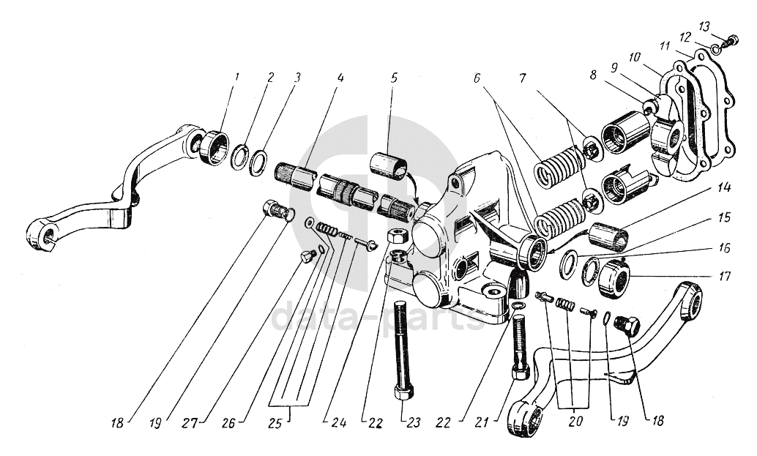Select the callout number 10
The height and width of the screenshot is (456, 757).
pyautogui.click(x=634, y=56)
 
